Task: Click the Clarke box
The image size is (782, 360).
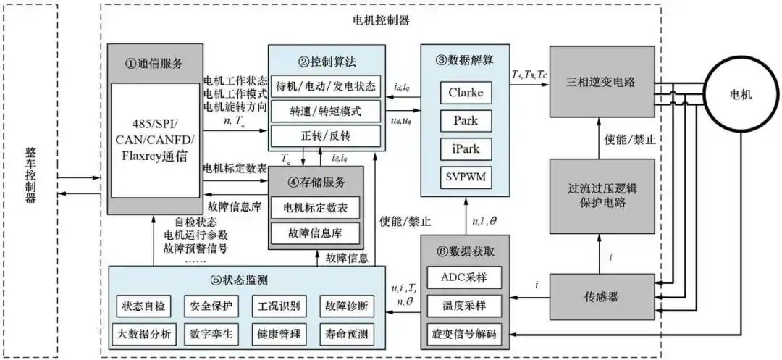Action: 465,93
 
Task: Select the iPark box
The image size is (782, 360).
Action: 465,149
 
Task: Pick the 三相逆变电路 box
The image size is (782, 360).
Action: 600,82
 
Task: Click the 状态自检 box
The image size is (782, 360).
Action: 143,306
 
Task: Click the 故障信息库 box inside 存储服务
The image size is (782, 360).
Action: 315,233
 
